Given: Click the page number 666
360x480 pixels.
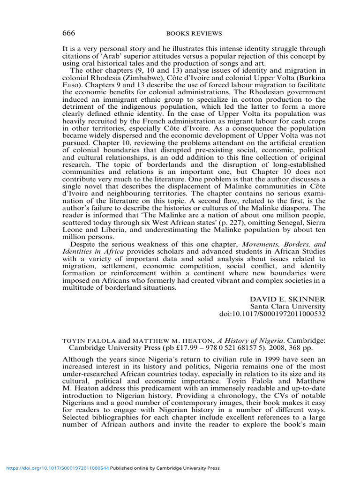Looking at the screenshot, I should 69,33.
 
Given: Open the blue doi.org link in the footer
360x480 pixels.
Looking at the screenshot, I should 57,468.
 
